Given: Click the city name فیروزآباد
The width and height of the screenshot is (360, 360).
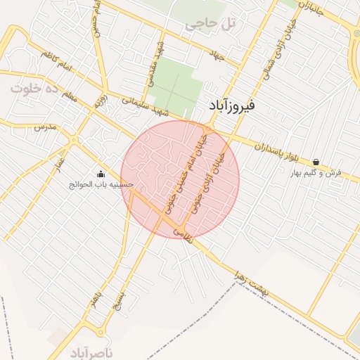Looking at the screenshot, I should pyautogui.click(x=233, y=106).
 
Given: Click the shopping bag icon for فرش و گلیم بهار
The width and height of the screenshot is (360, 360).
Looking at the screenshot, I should pyautogui.click(x=316, y=162).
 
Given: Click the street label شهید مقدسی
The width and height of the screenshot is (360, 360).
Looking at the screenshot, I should pyautogui.click(x=153, y=69).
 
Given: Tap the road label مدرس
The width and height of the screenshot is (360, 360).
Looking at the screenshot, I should pyautogui.click(x=44, y=127).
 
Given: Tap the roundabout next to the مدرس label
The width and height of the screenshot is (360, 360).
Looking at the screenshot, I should pyautogui.click(x=72, y=139).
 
